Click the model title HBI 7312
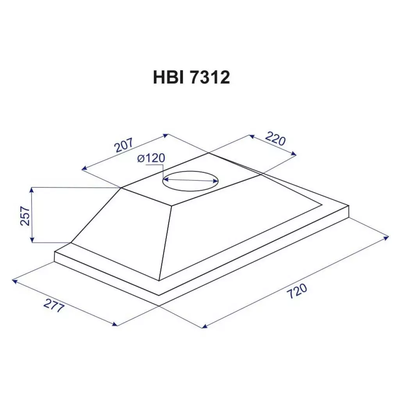(191, 78)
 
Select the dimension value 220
(276, 139)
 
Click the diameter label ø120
(151, 159)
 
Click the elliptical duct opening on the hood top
(190, 180)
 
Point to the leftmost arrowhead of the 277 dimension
(14, 280)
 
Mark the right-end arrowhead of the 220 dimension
(295, 155)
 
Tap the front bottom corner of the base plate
(159, 295)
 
